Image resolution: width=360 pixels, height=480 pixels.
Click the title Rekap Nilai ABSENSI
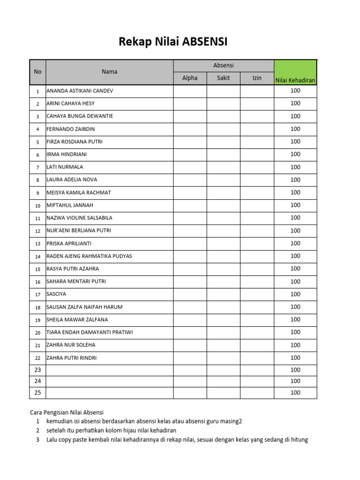(x=173, y=42)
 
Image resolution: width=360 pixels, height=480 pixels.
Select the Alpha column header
(x=190, y=78)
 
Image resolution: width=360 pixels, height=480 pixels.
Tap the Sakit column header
(x=223, y=78)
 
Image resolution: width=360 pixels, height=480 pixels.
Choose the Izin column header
(x=257, y=78)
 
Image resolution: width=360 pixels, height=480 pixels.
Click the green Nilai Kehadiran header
(x=295, y=80)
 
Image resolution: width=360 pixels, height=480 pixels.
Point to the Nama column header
(x=109, y=72)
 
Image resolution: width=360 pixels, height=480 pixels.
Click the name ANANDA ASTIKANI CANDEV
(x=80, y=91)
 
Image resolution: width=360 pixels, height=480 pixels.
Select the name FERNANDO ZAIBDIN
(x=71, y=129)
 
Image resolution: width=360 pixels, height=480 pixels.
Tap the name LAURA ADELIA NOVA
(x=72, y=180)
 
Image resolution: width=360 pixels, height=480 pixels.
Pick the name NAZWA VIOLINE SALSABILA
(x=79, y=218)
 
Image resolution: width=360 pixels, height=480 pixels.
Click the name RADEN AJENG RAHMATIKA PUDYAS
(x=89, y=256)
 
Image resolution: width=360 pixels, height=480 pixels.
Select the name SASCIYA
(x=56, y=294)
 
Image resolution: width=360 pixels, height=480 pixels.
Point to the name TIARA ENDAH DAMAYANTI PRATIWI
(x=90, y=332)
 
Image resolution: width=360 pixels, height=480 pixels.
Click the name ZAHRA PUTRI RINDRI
(x=72, y=358)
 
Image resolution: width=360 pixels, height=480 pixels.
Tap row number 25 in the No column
(x=37, y=393)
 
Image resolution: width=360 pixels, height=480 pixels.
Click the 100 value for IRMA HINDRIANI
(x=295, y=154)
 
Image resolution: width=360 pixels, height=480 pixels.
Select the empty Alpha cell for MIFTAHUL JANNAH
(x=190, y=205)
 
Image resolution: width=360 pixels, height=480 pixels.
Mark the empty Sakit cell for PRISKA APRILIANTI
(x=223, y=243)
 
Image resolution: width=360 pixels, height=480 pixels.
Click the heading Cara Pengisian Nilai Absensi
(x=67, y=412)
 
